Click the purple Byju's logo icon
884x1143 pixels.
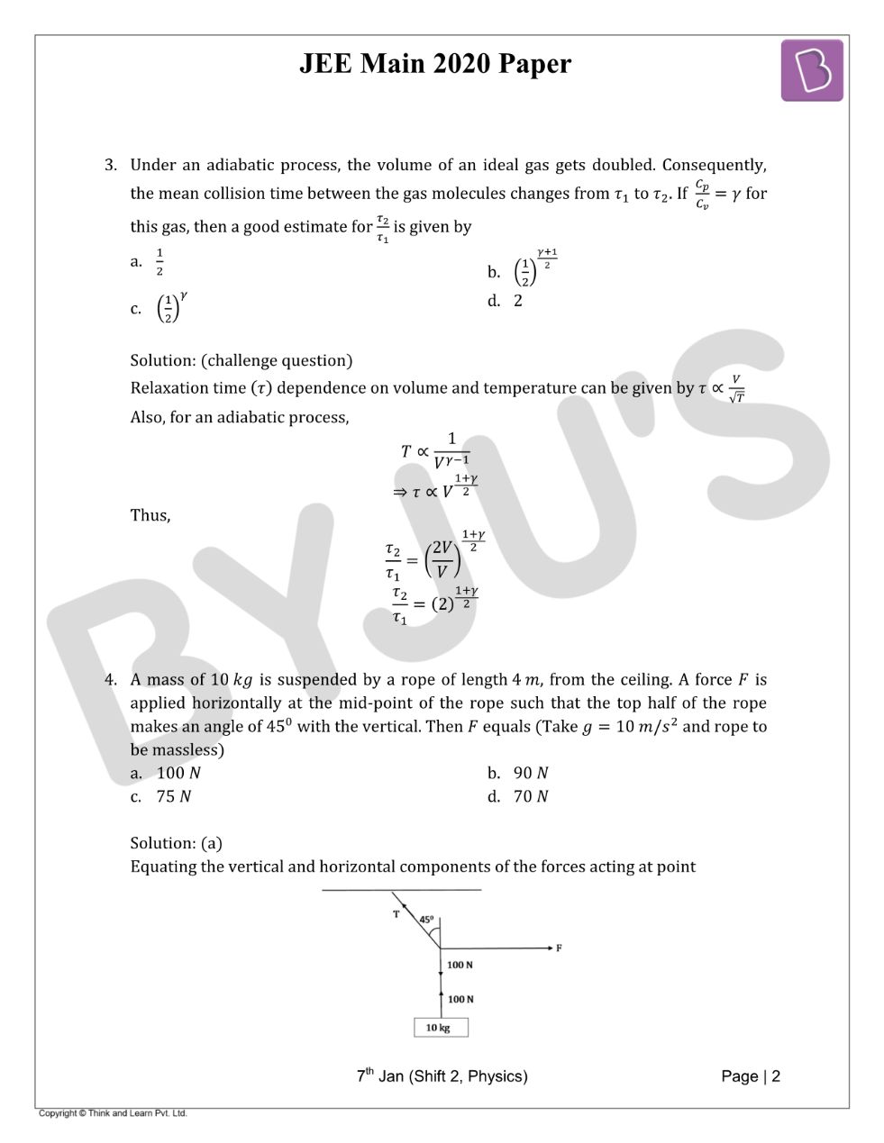click(x=811, y=70)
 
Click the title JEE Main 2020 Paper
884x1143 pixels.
click(x=435, y=64)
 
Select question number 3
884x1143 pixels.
click(x=110, y=165)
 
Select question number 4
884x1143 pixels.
click(x=110, y=679)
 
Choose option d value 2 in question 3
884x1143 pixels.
click(x=517, y=301)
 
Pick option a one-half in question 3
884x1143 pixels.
click(x=159, y=262)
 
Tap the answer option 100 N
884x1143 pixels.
click(x=178, y=773)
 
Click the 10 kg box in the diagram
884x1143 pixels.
click(x=441, y=1027)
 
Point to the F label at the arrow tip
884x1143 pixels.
click(x=559, y=948)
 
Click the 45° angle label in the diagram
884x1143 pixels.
click(x=426, y=920)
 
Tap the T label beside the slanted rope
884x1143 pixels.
click(x=396, y=914)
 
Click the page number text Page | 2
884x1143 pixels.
click(x=751, y=1075)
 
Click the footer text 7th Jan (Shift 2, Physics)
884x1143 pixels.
click(x=442, y=1075)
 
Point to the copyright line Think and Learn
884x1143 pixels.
click(x=113, y=1113)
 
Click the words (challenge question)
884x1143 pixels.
click(x=277, y=360)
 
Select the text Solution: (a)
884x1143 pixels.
click(x=176, y=843)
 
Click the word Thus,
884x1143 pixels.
click(x=150, y=515)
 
